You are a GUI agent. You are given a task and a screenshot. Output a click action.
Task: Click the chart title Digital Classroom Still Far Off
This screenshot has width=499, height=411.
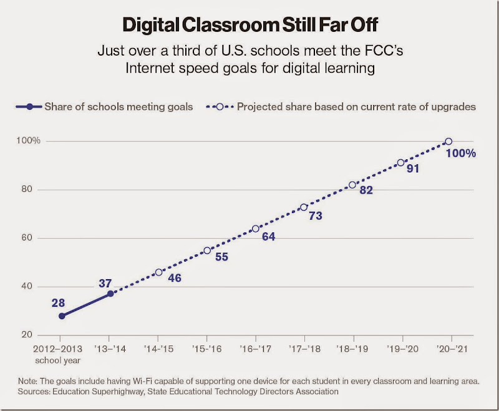click(249, 25)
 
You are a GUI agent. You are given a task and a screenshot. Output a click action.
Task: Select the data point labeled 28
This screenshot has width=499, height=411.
click(62, 316)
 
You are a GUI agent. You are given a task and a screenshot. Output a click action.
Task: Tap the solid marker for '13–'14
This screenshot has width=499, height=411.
click(110, 293)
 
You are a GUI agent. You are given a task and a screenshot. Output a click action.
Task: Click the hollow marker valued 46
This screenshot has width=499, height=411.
click(158, 272)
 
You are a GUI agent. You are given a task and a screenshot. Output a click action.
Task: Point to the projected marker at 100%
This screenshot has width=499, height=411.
click(448, 141)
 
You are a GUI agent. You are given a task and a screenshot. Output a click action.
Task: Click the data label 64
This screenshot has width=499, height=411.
click(268, 237)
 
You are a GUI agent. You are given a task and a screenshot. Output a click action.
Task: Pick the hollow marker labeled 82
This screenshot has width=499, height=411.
click(352, 185)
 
